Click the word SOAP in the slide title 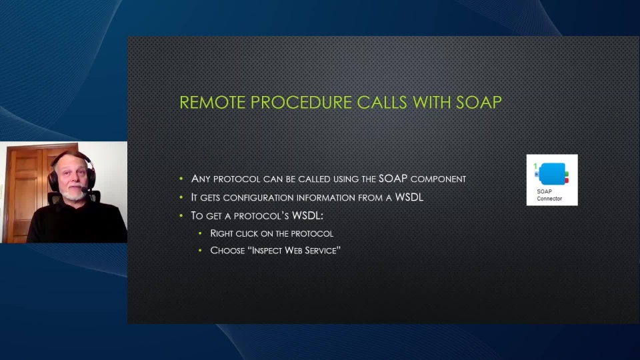pyautogui.click(x=479, y=103)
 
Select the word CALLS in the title pyautogui.click(x=382, y=103)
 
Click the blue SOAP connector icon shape pyautogui.click(x=552, y=174)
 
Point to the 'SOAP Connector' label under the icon pyautogui.click(x=549, y=195)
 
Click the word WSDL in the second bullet pyautogui.click(x=409, y=197)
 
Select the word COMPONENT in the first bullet pyautogui.click(x=438, y=179)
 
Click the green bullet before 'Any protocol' pyautogui.click(x=181, y=179)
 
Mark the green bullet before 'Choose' pyautogui.click(x=200, y=250)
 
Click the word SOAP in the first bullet pyautogui.click(x=393, y=179)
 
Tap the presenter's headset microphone pyautogui.click(x=84, y=190)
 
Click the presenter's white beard pyautogui.click(x=74, y=194)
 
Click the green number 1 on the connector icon pyautogui.click(x=535, y=166)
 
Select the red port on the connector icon pyautogui.click(x=567, y=180)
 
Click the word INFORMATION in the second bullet pyautogui.click(x=326, y=198)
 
